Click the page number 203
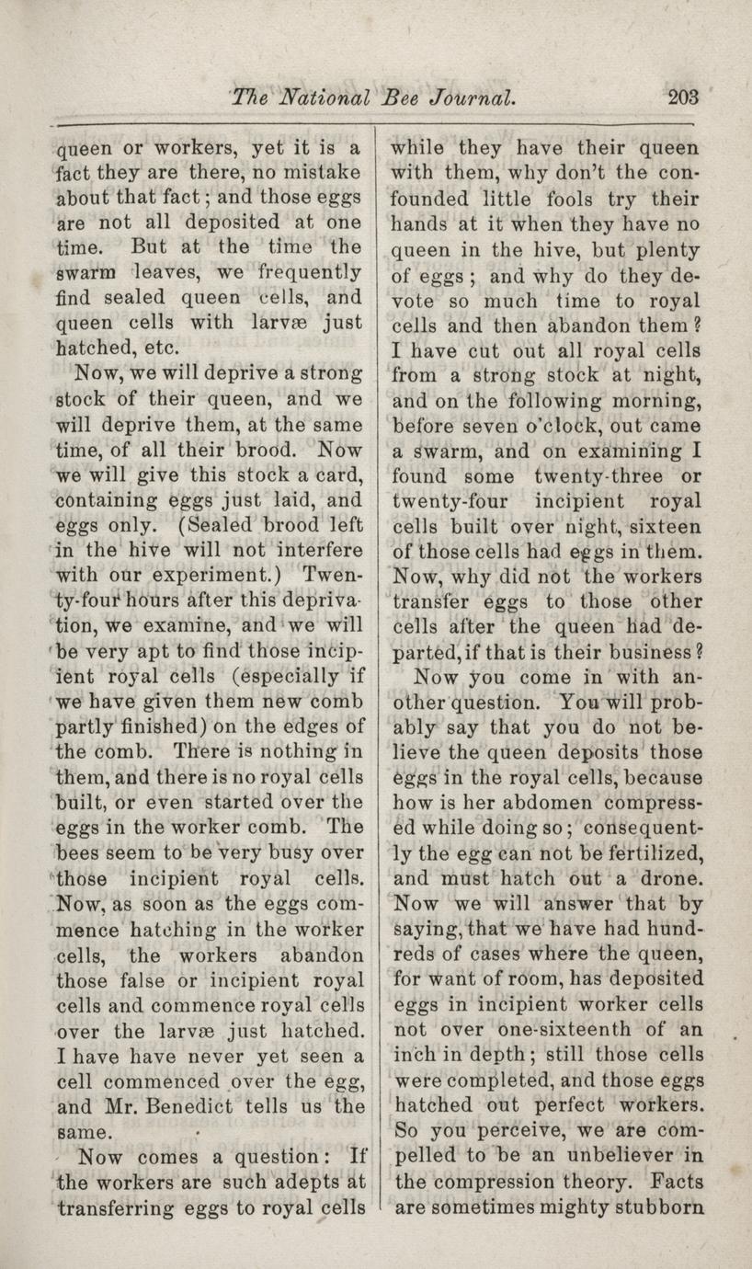pos(685,97)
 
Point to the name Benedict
pos(179,1105)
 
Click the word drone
pos(658,878)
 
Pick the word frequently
pos(306,272)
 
